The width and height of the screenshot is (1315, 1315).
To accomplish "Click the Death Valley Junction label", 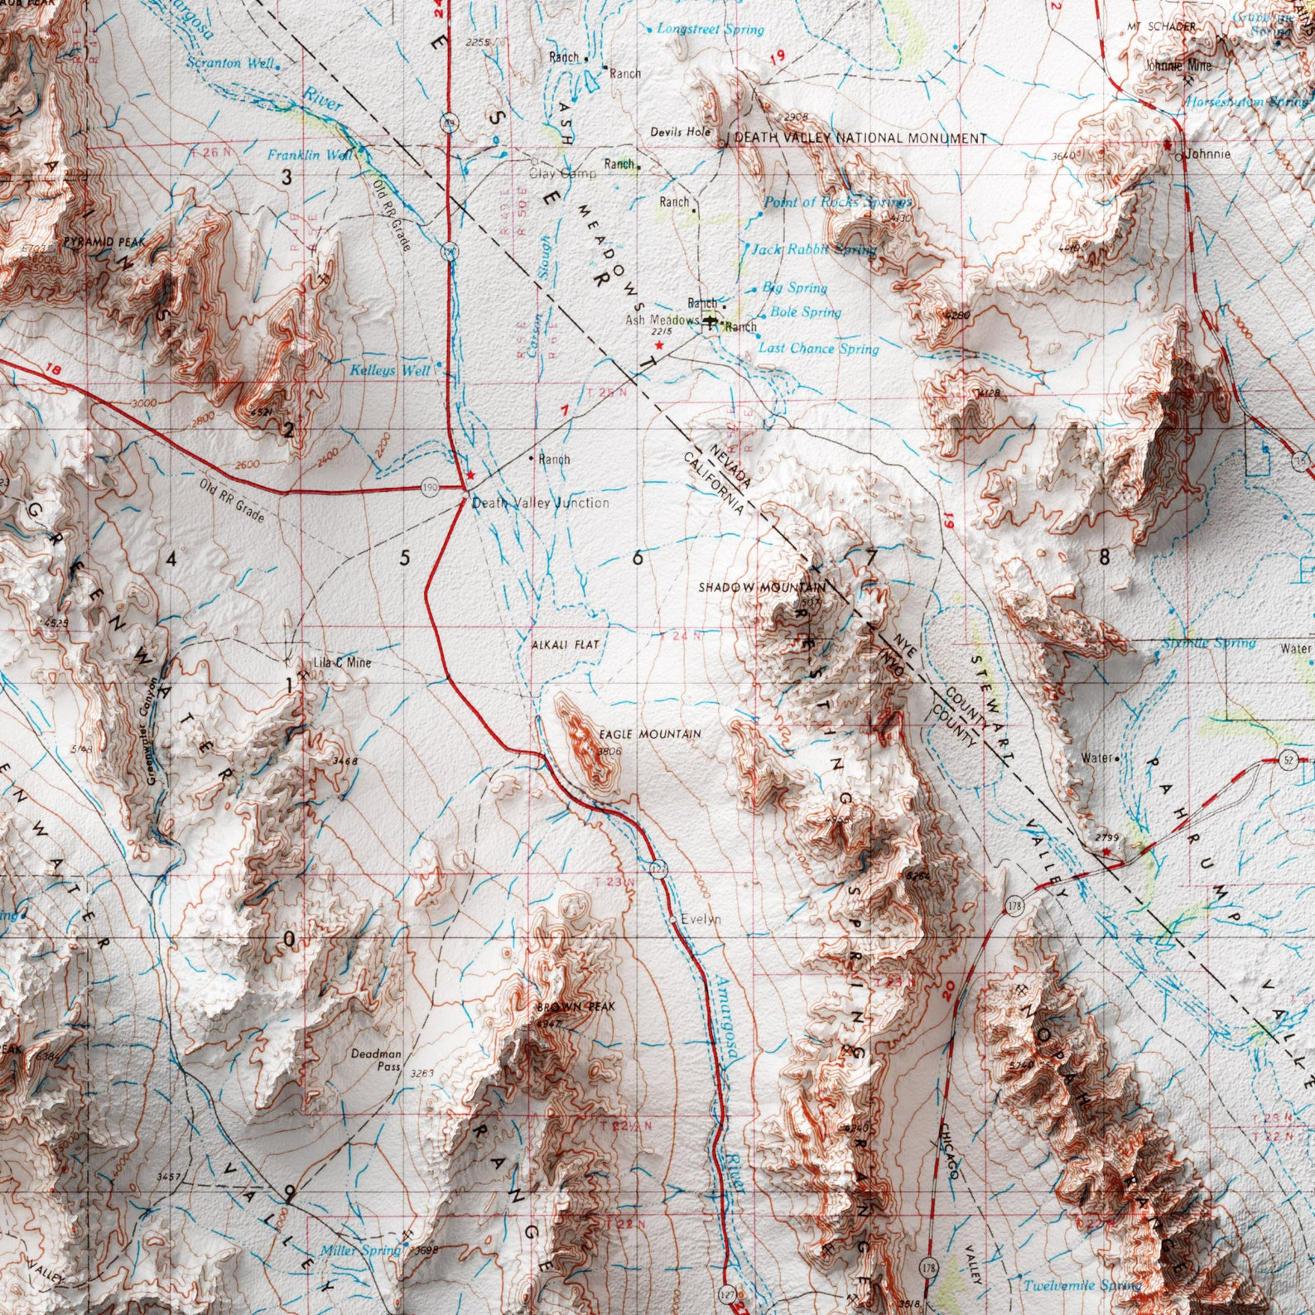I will pyautogui.click(x=540, y=503).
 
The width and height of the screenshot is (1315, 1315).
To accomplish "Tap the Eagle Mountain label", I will pyautogui.click(x=649, y=734).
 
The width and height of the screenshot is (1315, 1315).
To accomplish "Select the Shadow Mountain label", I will pyautogui.click(x=761, y=587).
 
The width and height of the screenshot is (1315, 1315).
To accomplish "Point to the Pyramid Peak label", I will pyautogui.click(x=104, y=241).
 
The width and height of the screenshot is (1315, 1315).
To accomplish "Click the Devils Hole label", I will pyautogui.click(x=680, y=132).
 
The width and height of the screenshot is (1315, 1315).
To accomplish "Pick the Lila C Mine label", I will pyautogui.click(x=342, y=662).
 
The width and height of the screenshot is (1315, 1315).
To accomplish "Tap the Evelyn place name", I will pyautogui.click(x=701, y=919).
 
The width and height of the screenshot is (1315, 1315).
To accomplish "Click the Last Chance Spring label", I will pyautogui.click(x=818, y=349).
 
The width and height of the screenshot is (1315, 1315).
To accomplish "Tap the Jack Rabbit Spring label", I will pyautogui.click(x=813, y=248).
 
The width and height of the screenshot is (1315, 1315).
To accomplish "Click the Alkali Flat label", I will pyautogui.click(x=565, y=643).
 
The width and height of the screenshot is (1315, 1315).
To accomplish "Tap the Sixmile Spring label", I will pyautogui.click(x=1207, y=643).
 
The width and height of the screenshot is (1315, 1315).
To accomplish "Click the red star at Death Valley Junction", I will pyautogui.click(x=470, y=475).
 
